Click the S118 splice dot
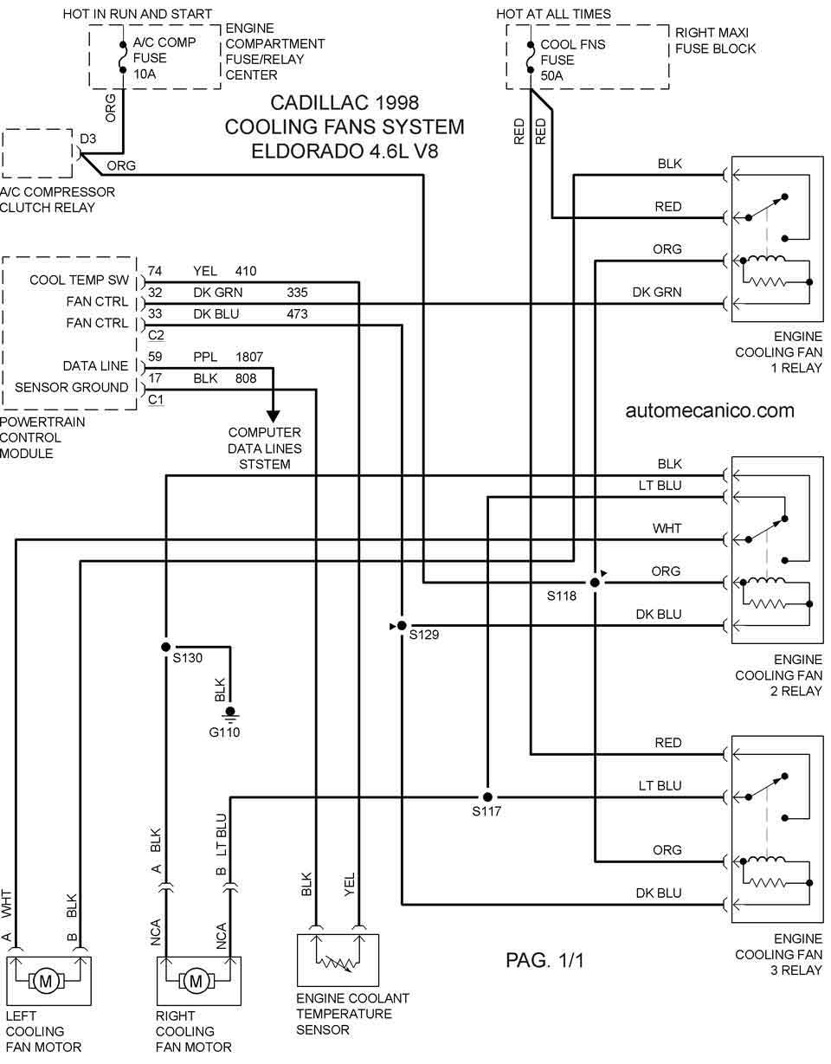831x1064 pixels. click(x=595, y=583)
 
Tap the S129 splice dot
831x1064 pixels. click(x=402, y=626)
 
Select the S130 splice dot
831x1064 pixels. click(x=166, y=647)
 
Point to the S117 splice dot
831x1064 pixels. click(x=487, y=797)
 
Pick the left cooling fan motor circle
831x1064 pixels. click(x=46, y=981)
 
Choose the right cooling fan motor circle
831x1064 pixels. click(x=196, y=981)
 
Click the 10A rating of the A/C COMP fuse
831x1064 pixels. click(x=145, y=74)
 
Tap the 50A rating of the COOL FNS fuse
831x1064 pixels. click(x=551, y=76)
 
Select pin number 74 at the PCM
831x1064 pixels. click(x=155, y=271)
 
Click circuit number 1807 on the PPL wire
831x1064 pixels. click(x=249, y=357)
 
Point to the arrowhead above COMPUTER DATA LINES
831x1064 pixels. click(x=273, y=416)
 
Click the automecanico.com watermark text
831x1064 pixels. click(x=710, y=410)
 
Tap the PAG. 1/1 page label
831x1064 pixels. click(x=544, y=960)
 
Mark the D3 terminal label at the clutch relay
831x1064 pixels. click(x=87, y=139)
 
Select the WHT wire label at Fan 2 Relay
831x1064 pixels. click(x=667, y=528)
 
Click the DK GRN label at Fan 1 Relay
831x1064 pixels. click(x=657, y=293)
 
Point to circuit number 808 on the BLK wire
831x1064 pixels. click(x=246, y=378)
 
